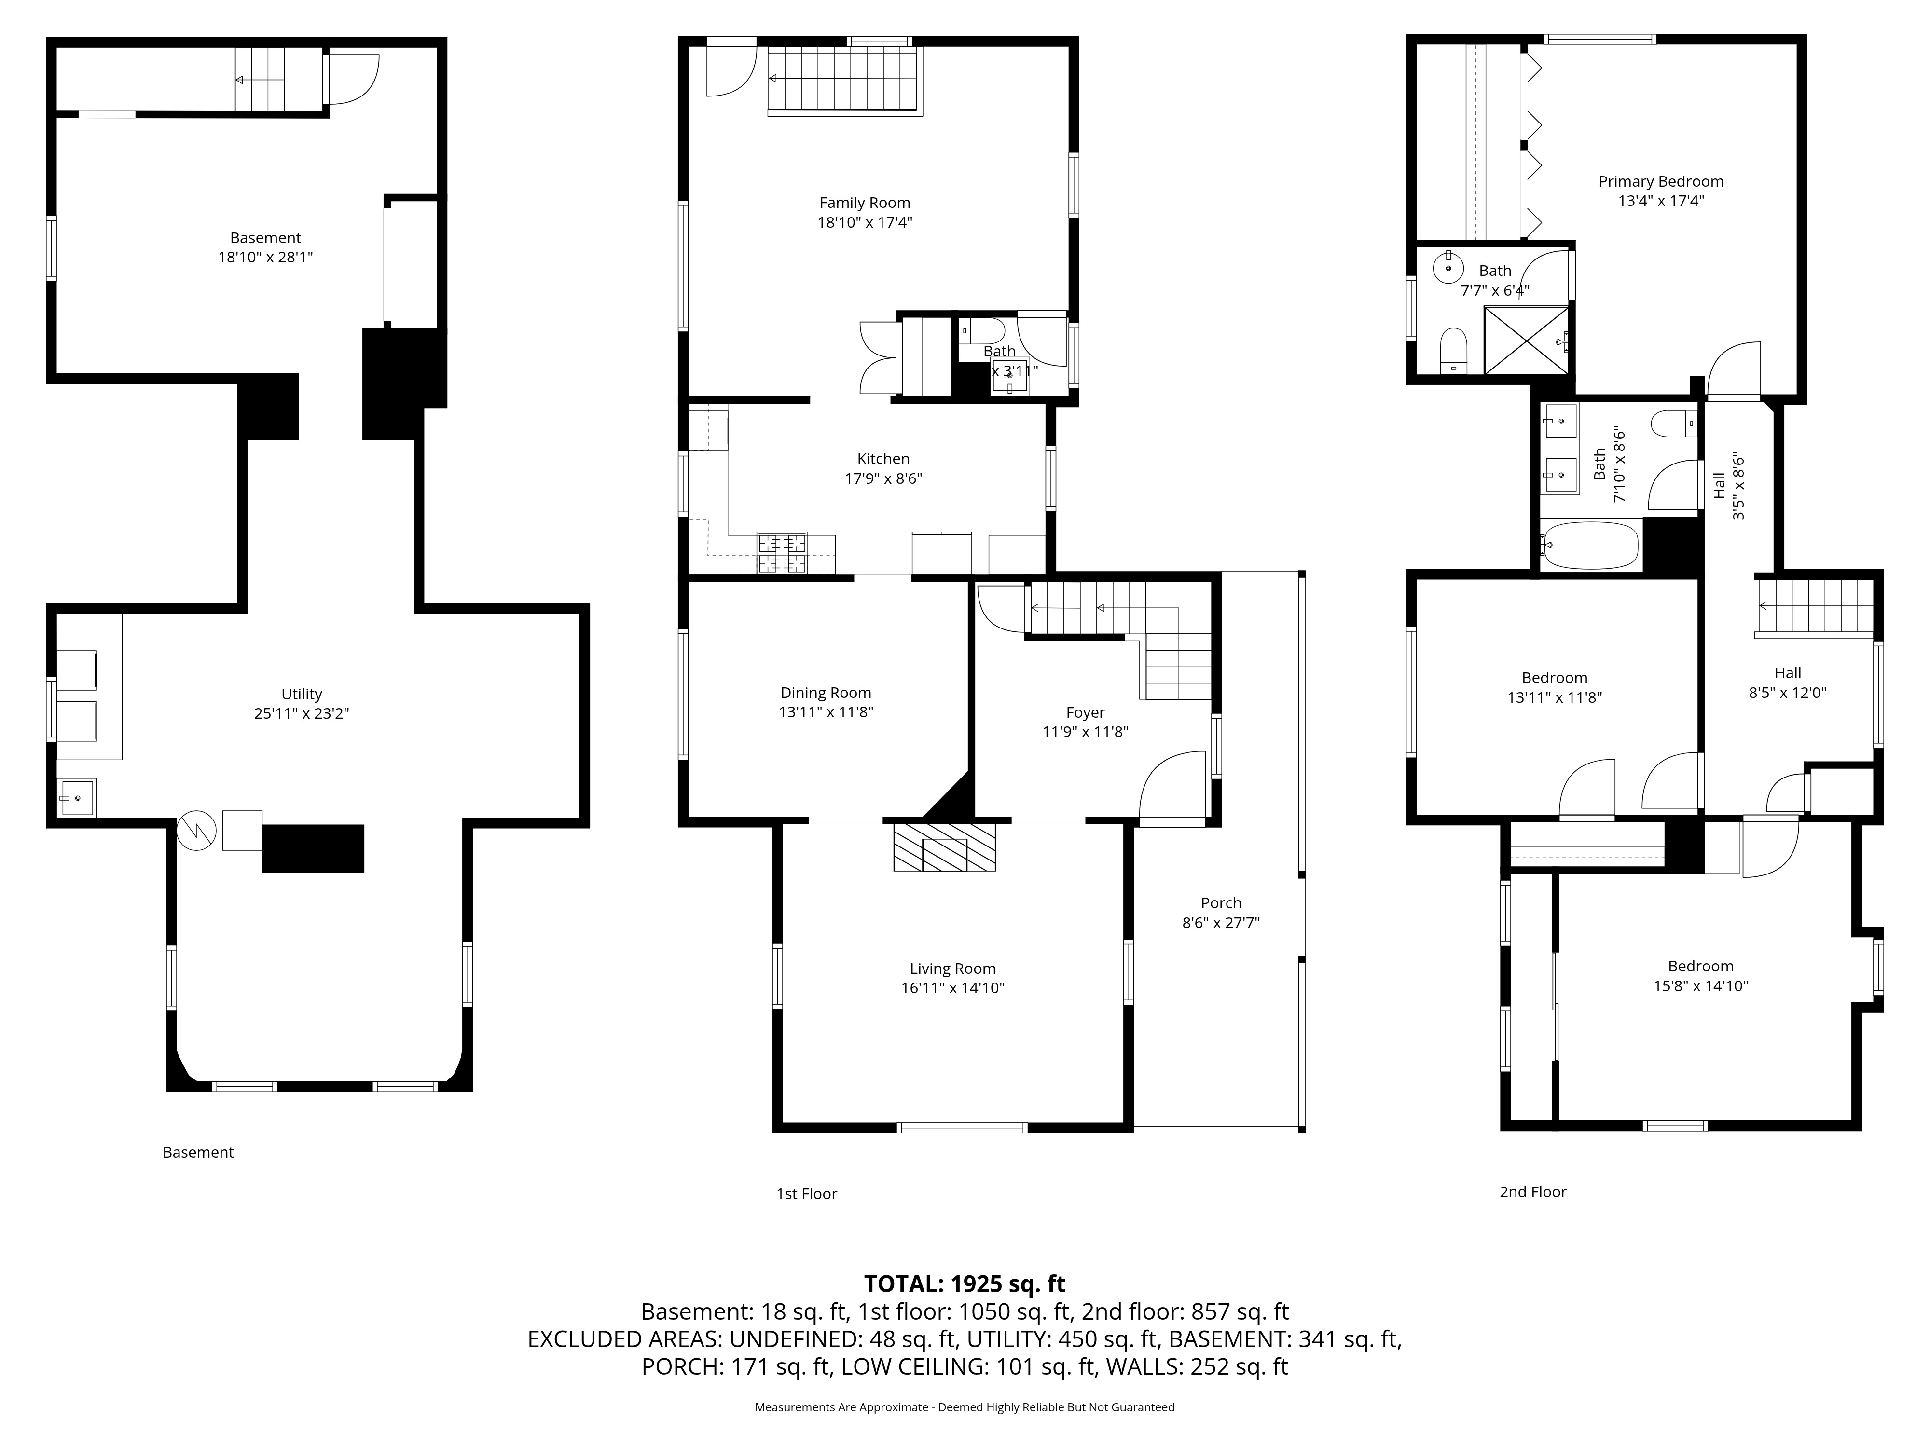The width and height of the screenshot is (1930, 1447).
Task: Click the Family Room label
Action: pyautogui.click(x=864, y=203)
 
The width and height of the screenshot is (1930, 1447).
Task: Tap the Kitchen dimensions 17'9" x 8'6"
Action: pyautogui.click(x=883, y=478)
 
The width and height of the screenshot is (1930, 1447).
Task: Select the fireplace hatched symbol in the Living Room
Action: pyautogui.click(x=944, y=846)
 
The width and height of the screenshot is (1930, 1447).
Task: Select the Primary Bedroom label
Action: pyautogui.click(x=1660, y=181)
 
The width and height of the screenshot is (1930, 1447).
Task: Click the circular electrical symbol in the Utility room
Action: pyautogui.click(x=196, y=831)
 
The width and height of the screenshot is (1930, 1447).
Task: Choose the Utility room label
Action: pyautogui.click(x=301, y=694)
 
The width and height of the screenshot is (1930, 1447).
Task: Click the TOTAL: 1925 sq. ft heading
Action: pyautogui.click(x=964, y=1284)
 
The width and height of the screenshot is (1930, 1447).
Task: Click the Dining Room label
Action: pyautogui.click(x=826, y=693)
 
